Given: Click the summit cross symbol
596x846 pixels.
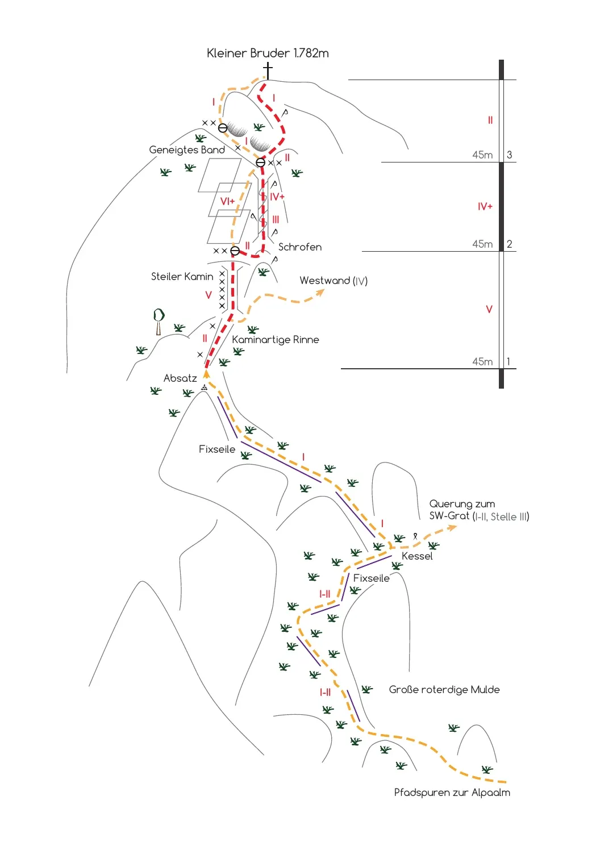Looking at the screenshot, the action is pos(268,70).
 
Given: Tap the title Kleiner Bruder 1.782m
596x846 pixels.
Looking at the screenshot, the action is pos(268,53).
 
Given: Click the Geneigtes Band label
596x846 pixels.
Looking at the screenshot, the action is pos(187,150).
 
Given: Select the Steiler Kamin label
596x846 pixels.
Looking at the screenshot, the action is pos(182,277).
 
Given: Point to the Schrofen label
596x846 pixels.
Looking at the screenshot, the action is pos(300,247).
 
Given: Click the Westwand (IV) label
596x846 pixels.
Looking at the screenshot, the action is pos(334,281).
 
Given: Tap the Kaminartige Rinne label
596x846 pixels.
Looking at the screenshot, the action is pos(276,340).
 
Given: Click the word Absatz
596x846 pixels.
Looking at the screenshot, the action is pos(180,378).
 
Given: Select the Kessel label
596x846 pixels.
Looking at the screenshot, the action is pos(417,556).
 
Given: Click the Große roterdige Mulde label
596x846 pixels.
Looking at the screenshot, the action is pos(444,690).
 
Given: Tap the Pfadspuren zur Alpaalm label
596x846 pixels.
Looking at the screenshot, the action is pos(452,793).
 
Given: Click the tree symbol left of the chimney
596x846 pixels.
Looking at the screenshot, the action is pos(159,322).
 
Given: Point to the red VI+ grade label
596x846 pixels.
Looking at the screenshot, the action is pos(228,201).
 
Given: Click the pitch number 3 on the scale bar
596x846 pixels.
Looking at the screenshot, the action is pos(510,155).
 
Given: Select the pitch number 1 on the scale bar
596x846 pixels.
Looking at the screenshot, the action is pos(509,361).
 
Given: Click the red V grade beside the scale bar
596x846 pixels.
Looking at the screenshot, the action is pos(489,309).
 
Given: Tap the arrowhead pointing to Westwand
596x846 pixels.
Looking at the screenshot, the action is pos(320,293).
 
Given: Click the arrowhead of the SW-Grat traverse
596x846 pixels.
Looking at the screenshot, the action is pos(452,528).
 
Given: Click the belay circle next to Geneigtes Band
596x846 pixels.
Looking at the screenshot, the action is pos(223,128).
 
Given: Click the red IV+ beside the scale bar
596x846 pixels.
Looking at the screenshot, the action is pos(485,207).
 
